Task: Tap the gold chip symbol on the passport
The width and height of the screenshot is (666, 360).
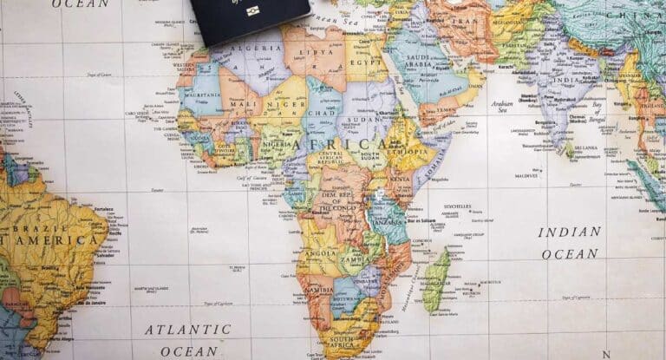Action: click(253, 11)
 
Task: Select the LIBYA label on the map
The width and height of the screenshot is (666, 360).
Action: click(309, 52)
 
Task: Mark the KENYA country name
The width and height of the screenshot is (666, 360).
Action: click(399, 179)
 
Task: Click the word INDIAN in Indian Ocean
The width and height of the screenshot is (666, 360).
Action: click(569, 232)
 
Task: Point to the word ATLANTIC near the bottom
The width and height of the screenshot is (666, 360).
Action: click(187, 330)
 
